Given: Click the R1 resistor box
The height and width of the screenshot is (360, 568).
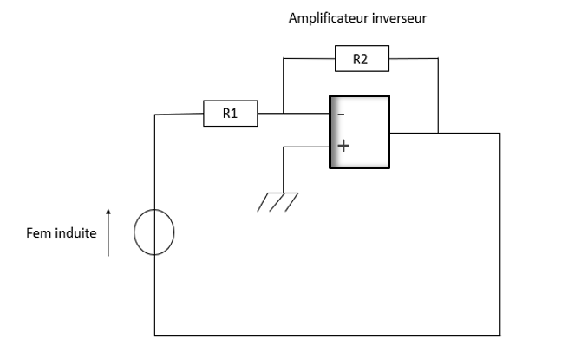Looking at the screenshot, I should (230, 114).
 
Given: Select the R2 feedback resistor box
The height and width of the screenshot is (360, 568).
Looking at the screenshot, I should (362, 60).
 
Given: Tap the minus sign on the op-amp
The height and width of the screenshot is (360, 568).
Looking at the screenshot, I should (341, 114).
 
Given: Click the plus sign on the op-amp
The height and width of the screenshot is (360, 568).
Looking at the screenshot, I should (343, 146).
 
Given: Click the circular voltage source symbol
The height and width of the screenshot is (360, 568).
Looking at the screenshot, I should (154, 233).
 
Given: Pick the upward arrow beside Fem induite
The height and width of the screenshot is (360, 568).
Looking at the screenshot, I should (108, 232).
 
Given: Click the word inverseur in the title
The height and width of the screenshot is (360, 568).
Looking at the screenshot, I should (402, 17).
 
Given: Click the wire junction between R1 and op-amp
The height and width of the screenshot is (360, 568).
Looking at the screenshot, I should (284, 114).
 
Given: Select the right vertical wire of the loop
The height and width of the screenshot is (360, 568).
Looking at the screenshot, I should (500, 234).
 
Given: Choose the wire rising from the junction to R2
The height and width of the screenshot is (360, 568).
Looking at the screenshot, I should (284, 87).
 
